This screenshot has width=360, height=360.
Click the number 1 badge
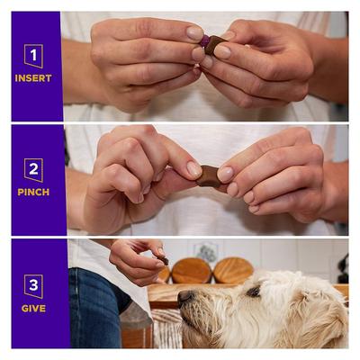[33, 56]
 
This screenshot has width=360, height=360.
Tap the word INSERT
[33, 78]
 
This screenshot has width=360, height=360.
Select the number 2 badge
[33, 169]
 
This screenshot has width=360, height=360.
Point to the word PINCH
[33, 192]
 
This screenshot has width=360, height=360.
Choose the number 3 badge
[33, 285]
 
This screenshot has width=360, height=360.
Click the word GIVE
[33, 307]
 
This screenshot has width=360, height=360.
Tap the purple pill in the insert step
[204, 40]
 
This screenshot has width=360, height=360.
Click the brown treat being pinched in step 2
[209, 176]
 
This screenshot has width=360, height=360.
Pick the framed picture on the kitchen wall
[206, 253]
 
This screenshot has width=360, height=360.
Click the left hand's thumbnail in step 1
[194, 33]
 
